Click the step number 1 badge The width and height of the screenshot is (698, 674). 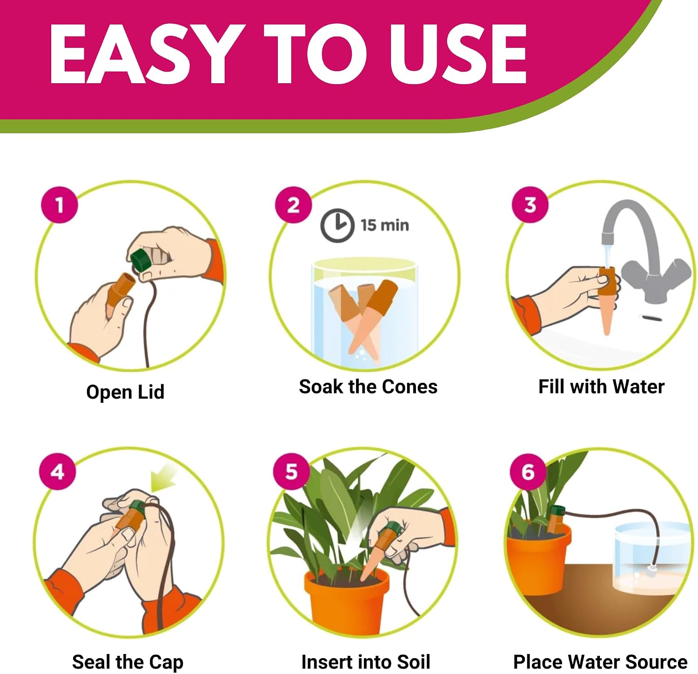coord(60,205)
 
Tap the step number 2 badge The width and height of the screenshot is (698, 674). coord(293,205)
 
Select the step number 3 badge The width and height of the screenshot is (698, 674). coord(530,205)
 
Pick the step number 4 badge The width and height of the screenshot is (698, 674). coord(57,472)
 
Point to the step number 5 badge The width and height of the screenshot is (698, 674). coord(291,472)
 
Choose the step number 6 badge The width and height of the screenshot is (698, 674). coord(528,472)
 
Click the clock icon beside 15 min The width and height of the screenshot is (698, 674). coord(336,226)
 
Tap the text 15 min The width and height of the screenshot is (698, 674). coord(385,226)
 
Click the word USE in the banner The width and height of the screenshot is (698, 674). coord(458,54)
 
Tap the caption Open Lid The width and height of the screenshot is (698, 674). coord(125,392)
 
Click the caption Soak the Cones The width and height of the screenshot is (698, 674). coord(368,387)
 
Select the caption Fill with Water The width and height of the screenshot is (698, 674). coord(601,387)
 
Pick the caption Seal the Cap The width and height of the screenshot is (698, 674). coord(128,662)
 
